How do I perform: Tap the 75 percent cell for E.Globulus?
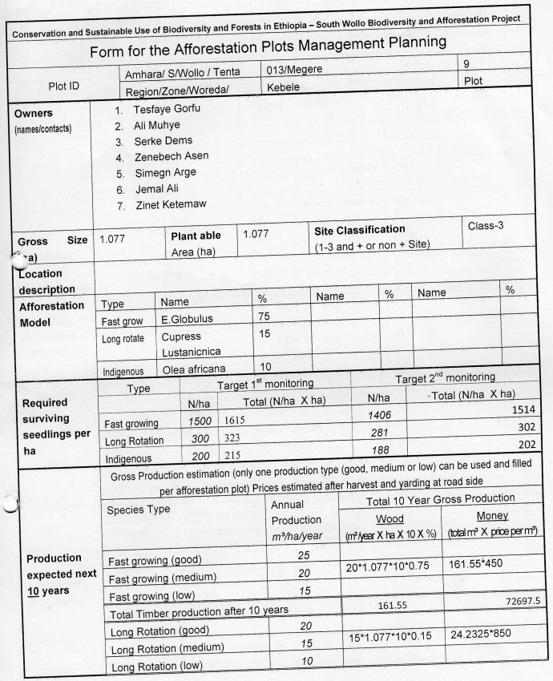(x=264, y=317)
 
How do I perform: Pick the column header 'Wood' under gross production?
(x=390, y=519)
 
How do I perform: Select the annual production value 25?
(x=304, y=554)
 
